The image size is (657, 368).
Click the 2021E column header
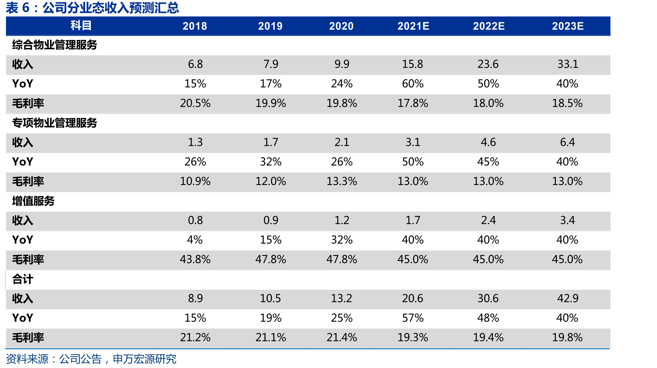point(413,26)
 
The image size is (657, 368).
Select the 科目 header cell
point(81,26)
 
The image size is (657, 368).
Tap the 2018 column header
point(195,26)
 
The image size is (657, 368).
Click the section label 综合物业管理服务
point(54,45)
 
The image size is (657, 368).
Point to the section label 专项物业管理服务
point(54,123)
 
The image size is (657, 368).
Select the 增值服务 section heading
point(33,201)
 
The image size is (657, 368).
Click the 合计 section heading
point(23,279)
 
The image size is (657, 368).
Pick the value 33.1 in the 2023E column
point(568,64)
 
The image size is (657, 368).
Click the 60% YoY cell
point(413,84)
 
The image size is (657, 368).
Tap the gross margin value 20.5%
point(195,103)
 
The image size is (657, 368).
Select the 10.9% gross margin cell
point(195,181)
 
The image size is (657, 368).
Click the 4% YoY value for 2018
point(195,240)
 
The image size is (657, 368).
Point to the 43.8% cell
point(195,259)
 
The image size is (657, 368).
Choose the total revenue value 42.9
point(568,298)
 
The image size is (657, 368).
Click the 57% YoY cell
point(413,318)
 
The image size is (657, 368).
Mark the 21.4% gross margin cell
point(342,338)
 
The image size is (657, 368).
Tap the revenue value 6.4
point(568,142)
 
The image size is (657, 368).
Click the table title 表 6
point(18,8)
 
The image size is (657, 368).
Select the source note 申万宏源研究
point(145,359)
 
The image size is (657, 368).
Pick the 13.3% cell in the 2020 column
point(342,181)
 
